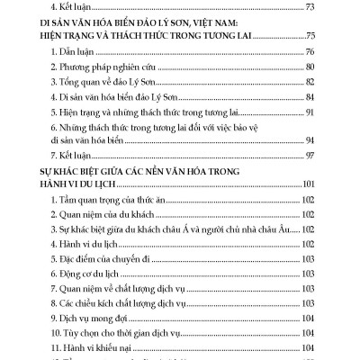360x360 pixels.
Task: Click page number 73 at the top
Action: (312, 7)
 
